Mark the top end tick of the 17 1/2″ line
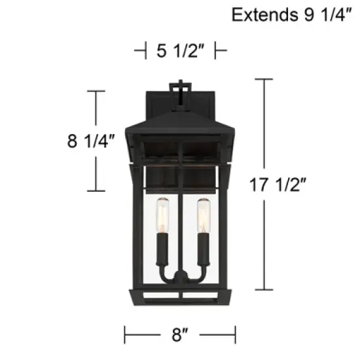(x=264, y=79)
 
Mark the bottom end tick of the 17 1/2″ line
(x=264, y=289)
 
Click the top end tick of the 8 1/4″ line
(x=96, y=91)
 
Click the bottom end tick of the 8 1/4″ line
(x=96, y=190)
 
